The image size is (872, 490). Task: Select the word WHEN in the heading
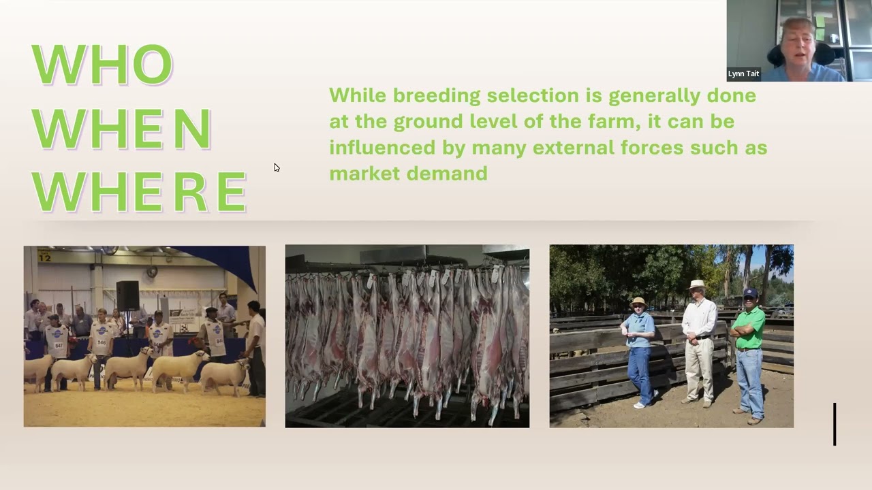(x=121, y=129)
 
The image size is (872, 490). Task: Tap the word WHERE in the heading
(x=139, y=192)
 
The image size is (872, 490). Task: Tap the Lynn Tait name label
(x=743, y=73)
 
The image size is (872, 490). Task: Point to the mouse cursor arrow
(x=277, y=167)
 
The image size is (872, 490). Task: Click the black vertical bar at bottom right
(x=835, y=424)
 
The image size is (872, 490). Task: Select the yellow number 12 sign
(x=44, y=257)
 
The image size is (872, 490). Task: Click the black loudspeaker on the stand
(x=127, y=295)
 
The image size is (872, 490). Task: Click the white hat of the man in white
(x=697, y=284)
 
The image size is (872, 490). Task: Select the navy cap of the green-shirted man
(x=750, y=293)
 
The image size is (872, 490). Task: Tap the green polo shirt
(x=749, y=327)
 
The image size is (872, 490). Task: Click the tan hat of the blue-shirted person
(x=638, y=301)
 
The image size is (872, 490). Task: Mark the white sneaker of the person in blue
(x=638, y=405)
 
